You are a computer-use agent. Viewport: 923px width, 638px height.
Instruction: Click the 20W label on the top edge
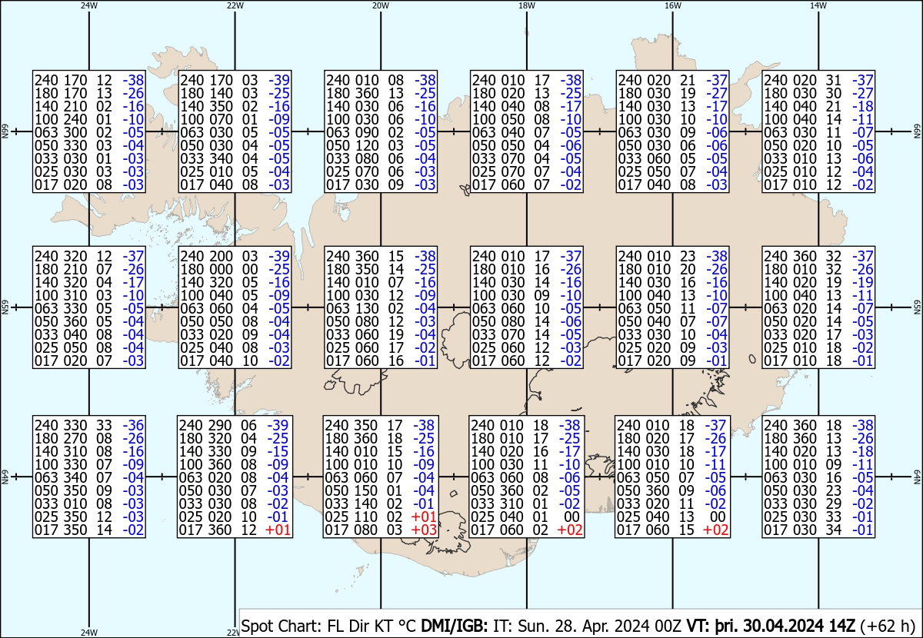(x=380, y=5)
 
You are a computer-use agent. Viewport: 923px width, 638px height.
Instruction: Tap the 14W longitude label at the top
(x=818, y=5)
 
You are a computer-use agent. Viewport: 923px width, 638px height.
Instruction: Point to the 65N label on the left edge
(x=5, y=307)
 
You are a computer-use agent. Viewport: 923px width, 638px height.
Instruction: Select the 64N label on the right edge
(x=917, y=477)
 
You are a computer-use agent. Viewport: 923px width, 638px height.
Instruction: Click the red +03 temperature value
(x=424, y=530)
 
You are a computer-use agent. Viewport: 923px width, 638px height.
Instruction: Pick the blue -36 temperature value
(x=133, y=425)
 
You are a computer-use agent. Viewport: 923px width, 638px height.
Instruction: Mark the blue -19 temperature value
(x=862, y=282)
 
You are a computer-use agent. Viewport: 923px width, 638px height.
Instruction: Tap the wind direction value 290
(x=220, y=425)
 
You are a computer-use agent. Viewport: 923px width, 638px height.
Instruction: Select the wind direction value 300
(x=75, y=132)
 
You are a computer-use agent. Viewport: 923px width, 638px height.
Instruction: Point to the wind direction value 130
(x=367, y=308)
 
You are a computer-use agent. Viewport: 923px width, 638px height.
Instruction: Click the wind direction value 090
(x=367, y=132)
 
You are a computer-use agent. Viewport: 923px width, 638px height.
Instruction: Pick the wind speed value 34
(x=833, y=530)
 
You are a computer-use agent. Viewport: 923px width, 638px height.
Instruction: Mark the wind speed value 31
(x=833, y=80)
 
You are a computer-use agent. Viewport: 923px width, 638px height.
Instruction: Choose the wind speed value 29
(x=833, y=503)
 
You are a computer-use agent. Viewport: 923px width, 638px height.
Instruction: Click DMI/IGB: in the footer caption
(x=454, y=626)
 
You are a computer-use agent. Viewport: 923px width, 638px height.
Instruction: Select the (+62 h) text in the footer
(x=888, y=626)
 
